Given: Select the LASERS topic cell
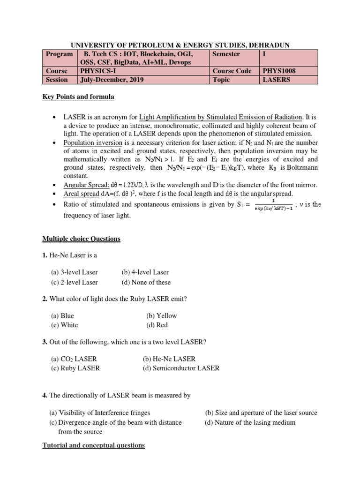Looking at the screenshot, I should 276,80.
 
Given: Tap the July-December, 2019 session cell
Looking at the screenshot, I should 112,80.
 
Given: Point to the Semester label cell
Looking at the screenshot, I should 226,54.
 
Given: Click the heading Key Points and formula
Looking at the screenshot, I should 78,97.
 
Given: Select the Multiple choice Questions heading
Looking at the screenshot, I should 82,239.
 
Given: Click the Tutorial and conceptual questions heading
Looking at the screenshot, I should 94,445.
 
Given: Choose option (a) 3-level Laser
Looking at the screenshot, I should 74,272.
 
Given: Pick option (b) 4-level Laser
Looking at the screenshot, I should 145,272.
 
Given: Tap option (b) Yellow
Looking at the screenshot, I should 161,315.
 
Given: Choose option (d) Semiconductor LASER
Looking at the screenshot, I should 181,368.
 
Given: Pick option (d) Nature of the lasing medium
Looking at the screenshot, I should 250,422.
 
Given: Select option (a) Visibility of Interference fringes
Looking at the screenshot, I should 100,413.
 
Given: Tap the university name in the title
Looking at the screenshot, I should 180,45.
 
